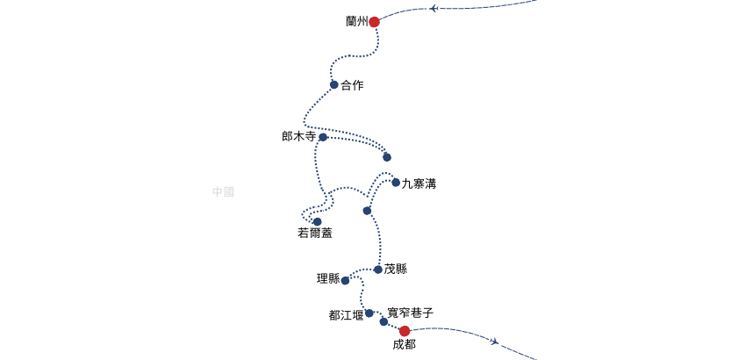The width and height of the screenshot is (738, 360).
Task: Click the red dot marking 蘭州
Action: click(374, 22)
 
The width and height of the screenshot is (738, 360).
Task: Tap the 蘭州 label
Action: click(356, 22)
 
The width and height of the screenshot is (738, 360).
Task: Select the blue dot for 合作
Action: click(334, 85)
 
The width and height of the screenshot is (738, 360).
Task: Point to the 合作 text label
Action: click(352, 85)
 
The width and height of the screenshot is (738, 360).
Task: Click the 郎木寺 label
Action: click(298, 137)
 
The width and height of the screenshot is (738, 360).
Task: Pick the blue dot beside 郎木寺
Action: click(323, 137)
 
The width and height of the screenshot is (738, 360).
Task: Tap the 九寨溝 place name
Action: click(419, 184)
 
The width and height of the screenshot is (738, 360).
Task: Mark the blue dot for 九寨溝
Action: click(396, 183)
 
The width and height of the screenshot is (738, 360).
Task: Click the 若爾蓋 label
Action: click(315, 234)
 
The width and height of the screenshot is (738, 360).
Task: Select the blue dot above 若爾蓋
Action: click(318, 222)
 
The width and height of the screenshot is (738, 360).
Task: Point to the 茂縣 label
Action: click(396, 270)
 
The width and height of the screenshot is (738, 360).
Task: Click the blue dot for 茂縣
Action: click(378, 270)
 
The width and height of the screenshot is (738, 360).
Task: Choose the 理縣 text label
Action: click(328, 279)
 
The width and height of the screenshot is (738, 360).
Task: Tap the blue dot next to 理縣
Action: click(345, 281)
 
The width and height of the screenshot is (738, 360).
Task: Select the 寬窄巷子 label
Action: click(410, 313)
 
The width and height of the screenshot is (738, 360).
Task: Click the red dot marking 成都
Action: click(405, 331)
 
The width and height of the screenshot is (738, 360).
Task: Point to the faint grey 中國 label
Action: click(223, 191)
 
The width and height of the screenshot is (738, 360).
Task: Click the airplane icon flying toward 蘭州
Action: click(433, 9)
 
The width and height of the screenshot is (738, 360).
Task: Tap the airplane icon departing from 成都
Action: click(495, 341)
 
